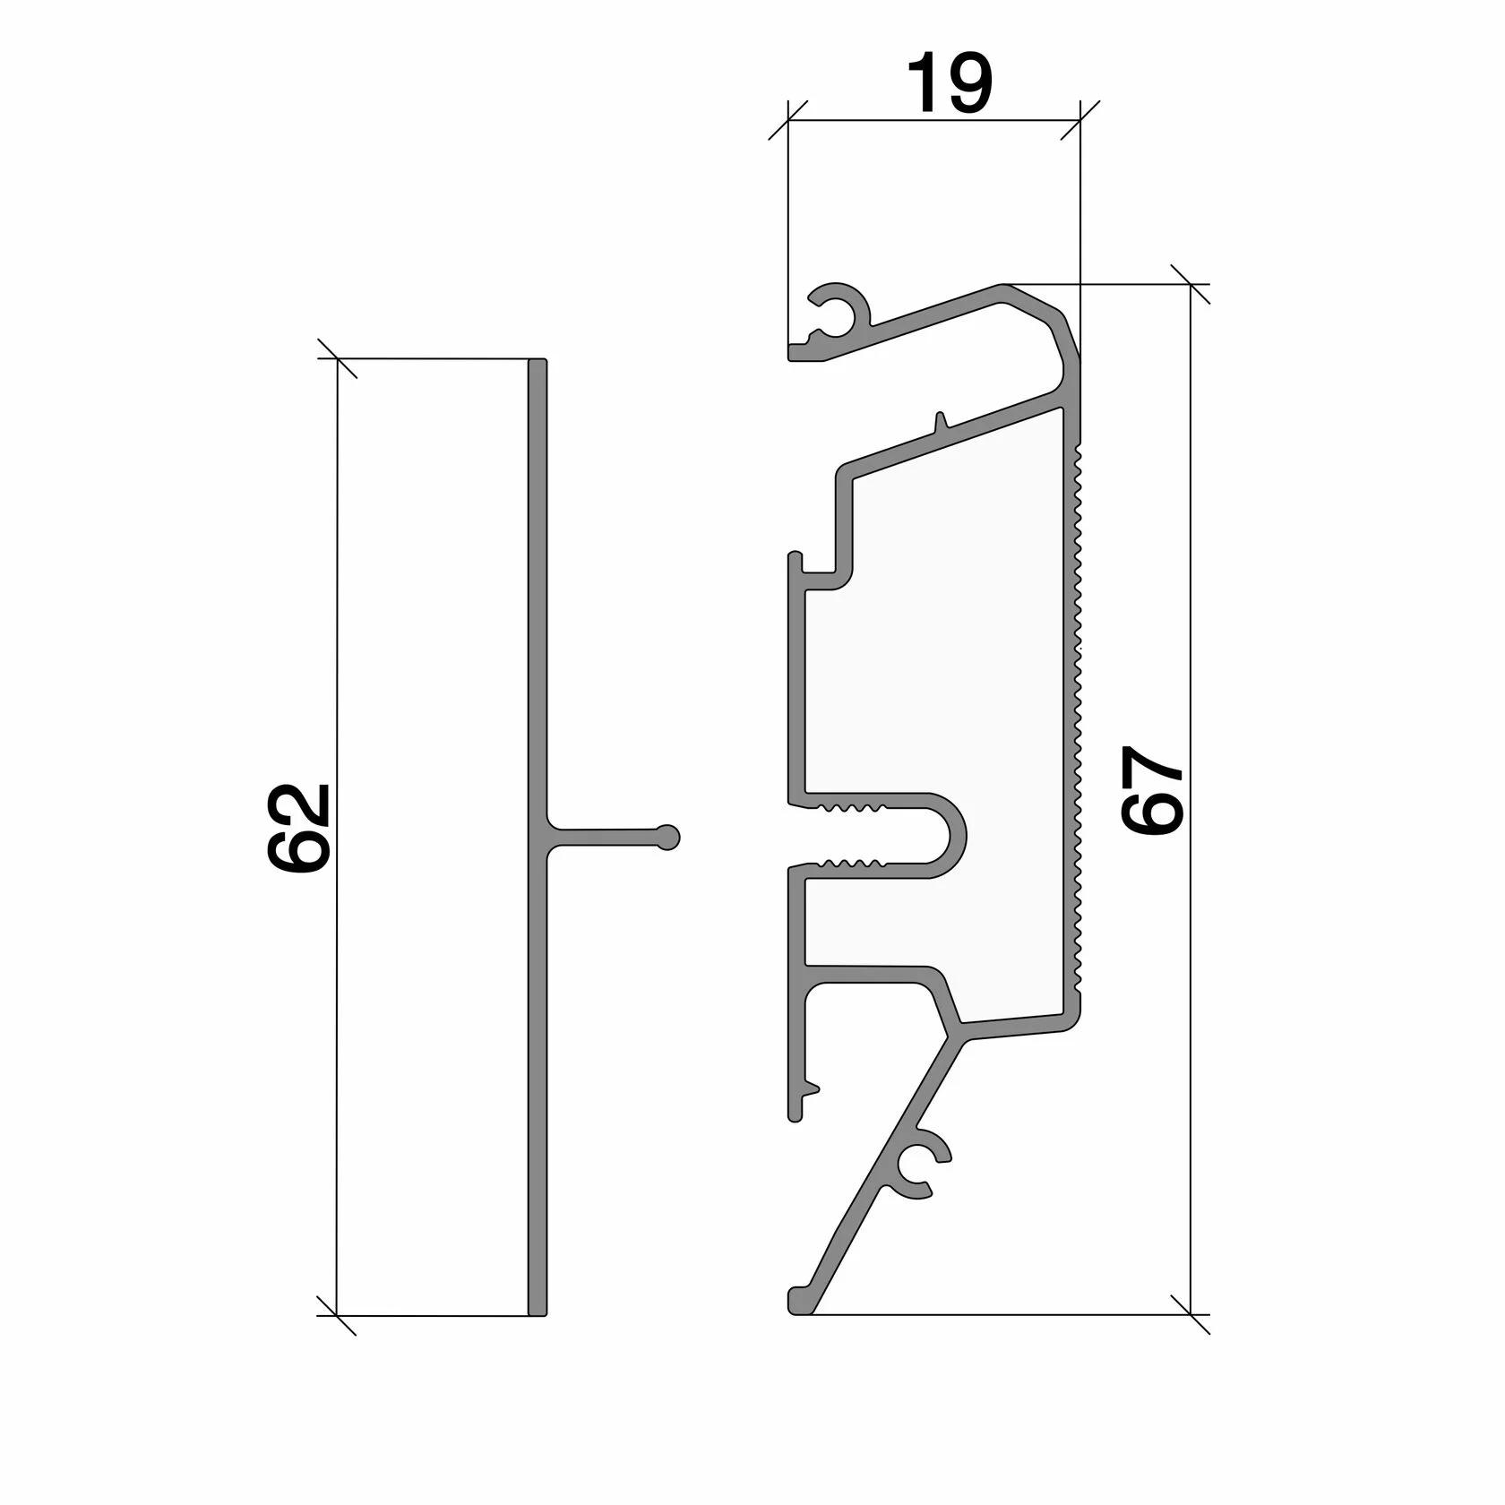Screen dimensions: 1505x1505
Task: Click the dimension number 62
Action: (x=299, y=828)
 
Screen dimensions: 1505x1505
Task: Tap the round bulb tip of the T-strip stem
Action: (x=668, y=837)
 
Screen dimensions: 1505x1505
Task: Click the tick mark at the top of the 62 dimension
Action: (x=338, y=358)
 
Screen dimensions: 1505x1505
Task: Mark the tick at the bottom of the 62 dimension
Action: (x=338, y=1315)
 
